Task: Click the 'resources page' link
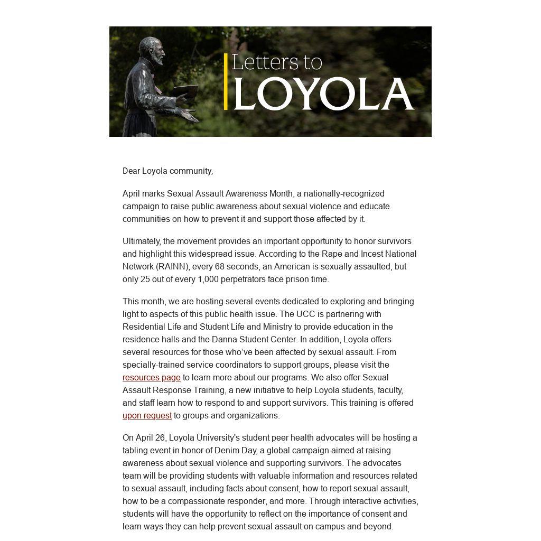point(152,377)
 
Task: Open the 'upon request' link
point(147,415)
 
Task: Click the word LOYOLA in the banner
point(323,94)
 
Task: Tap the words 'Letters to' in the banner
point(276,62)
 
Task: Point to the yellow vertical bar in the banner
point(226,81)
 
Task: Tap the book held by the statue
point(186,92)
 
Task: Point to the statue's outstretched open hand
point(189,115)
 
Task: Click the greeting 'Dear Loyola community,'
point(167,171)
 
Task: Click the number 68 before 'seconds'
point(220,266)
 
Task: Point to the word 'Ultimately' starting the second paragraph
point(142,241)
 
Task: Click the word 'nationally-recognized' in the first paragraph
point(344,193)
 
